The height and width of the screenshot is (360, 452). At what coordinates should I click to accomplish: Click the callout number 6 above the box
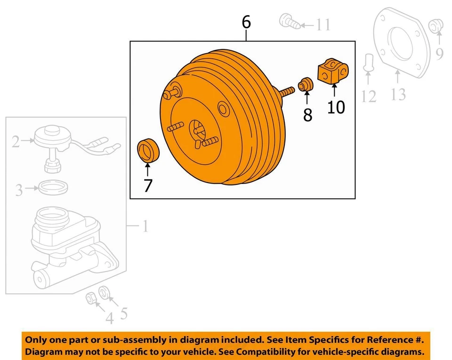tap(246, 22)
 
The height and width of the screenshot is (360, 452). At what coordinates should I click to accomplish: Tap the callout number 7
tap(148, 185)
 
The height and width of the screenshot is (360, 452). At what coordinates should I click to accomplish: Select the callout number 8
tap(307, 114)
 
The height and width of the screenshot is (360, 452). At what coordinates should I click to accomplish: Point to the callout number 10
tap(336, 107)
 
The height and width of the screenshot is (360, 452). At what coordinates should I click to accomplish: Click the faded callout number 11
tap(323, 24)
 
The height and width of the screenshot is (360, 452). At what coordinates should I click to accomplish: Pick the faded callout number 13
tap(398, 94)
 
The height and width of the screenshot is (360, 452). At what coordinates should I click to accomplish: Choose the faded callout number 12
tap(369, 96)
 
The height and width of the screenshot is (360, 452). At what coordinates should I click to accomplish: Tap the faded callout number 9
tap(439, 54)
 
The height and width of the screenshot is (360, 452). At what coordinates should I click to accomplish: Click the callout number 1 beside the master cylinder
tap(145, 227)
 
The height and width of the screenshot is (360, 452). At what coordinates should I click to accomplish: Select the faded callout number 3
tap(19, 191)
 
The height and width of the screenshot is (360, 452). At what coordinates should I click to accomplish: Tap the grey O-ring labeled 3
tap(51, 187)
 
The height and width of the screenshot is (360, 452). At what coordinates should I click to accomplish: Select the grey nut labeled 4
tap(90, 297)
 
